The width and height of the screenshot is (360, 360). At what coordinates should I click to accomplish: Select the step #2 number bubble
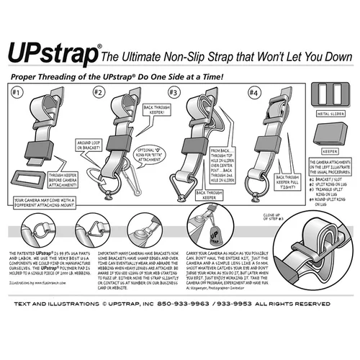[x=98, y=93]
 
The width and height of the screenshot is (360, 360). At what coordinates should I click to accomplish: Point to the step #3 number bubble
[x=173, y=93]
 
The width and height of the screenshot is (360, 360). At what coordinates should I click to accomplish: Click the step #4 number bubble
[x=253, y=93]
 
